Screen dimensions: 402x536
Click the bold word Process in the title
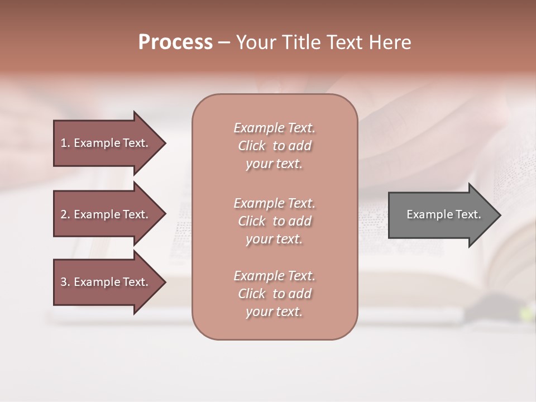coord(175,42)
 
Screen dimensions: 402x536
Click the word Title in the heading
coord(302,42)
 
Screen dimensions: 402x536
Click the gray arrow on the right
coord(441,215)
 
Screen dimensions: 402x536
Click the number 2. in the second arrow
coord(64,214)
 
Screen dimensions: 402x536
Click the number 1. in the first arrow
coord(64,143)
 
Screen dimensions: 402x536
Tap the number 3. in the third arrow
coord(64,282)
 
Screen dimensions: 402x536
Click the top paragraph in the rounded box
coord(274,146)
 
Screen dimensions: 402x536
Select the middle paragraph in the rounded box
coord(274,221)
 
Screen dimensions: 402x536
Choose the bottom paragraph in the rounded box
coord(274,294)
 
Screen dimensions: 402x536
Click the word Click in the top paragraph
coord(251,146)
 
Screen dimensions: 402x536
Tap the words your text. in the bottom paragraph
coord(274,312)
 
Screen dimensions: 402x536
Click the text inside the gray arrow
coord(443,214)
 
